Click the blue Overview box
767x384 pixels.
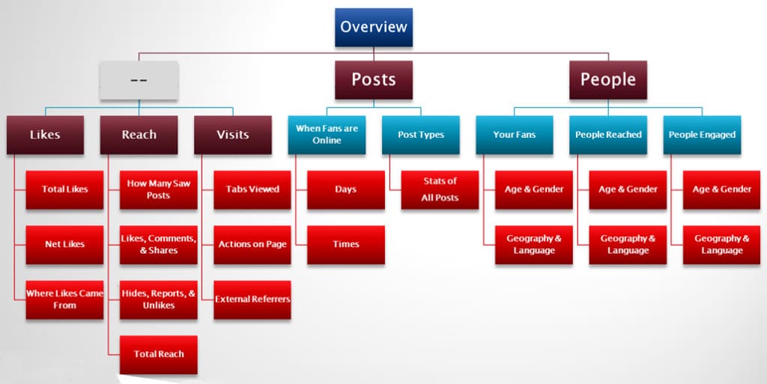coord(373,27)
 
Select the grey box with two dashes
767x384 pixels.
coord(139,80)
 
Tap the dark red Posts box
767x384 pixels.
coord(373,79)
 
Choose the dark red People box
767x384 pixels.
coord(607,79)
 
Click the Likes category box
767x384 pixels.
coord(45,135)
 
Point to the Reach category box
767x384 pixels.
coord(139,135)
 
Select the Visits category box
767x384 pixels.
coord(232,135)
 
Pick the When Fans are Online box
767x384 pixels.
coord(327,135)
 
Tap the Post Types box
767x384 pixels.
coord(421,135)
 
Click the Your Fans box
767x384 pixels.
coord(514,135)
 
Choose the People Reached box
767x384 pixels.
coord(608,135)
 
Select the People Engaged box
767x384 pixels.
coord(702,135)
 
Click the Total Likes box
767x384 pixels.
coord(64,189)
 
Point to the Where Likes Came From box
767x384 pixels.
coord(64,299)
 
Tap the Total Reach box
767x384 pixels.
coord(159,354)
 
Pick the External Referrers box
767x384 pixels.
coord(252,299)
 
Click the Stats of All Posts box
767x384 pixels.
coord(440,189)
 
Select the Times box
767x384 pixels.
coord(346,244)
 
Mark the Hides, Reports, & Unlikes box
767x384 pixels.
coord(159,299)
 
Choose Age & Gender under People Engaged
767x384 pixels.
coord(721,189)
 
